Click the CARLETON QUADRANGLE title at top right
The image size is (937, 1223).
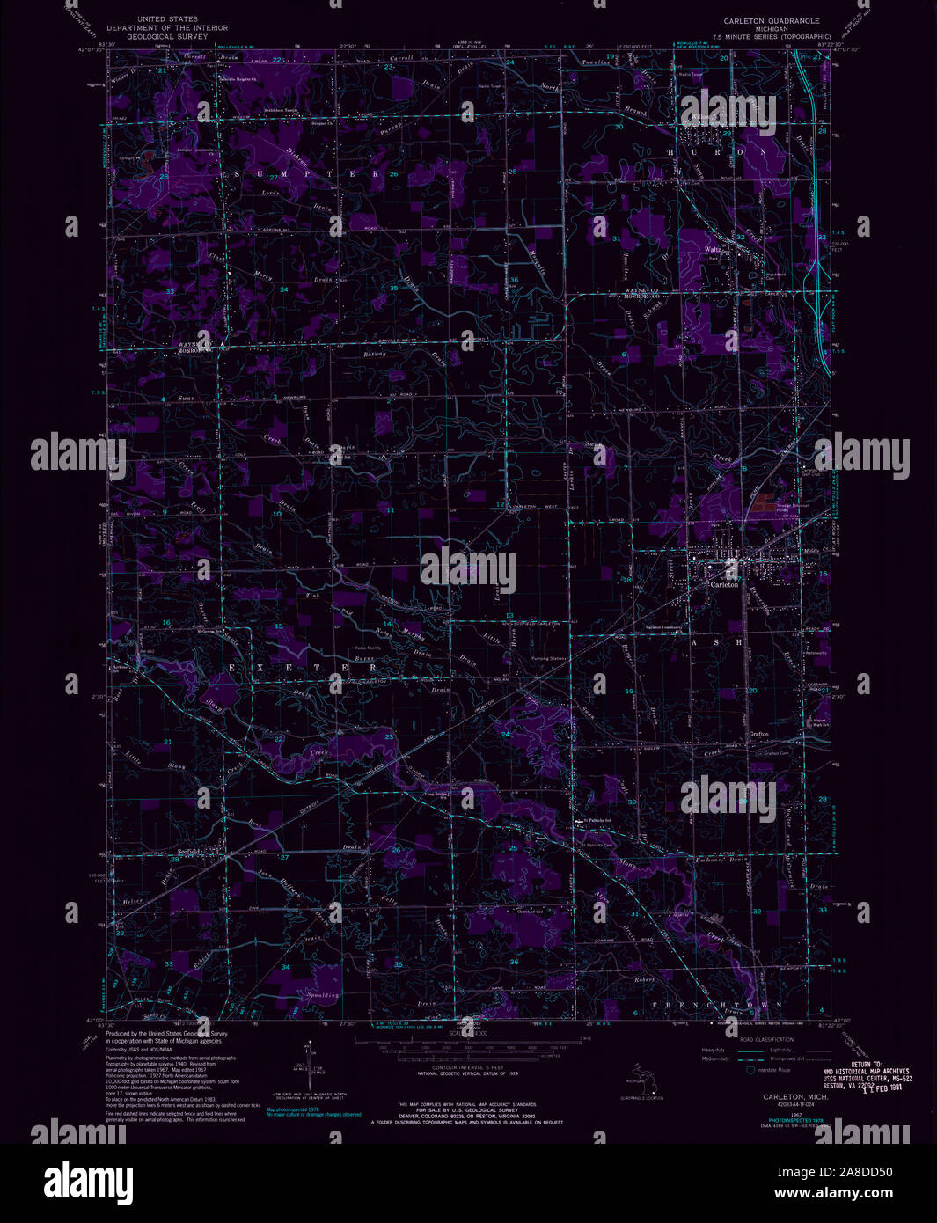click(x=771, y=20)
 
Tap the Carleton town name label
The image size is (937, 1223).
click(x=725, y=584)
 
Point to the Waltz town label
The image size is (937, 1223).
click(x=714, y=250)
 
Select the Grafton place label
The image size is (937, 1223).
click(x=759, y=733)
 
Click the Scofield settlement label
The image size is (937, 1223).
click(x=190, y=852)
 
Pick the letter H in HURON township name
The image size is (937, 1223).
click(x=670, y=151)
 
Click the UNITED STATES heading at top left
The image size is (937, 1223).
click(x=167, y=18)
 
